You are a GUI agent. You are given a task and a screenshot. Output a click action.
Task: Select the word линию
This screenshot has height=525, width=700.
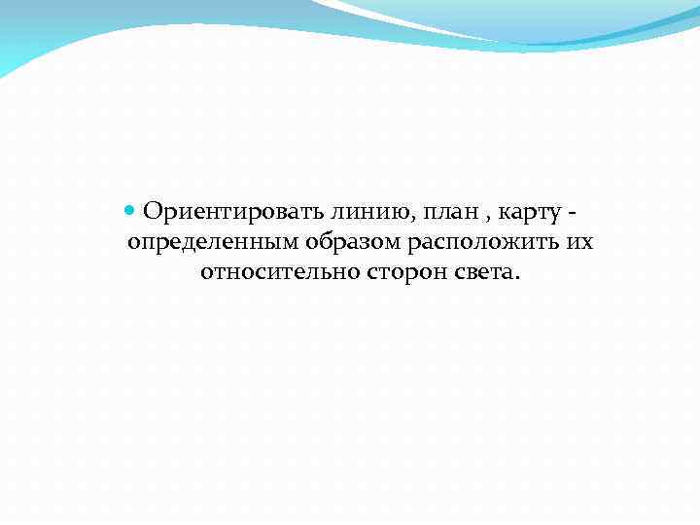358,211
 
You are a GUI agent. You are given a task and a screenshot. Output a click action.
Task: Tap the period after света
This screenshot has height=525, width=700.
517,277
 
